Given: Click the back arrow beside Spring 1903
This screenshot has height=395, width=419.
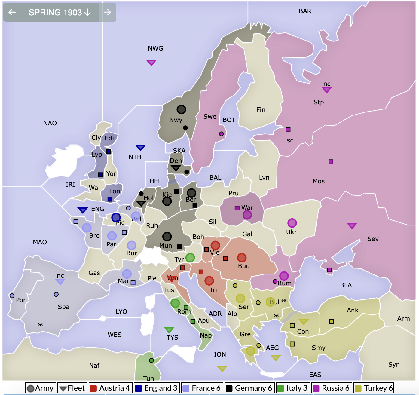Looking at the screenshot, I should point(12,12).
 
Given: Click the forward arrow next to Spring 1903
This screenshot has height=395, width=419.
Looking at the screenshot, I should point(107,12).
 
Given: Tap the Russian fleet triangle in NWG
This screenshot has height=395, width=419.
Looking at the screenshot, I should point(151,62).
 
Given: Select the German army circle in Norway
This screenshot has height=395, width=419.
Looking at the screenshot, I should point(181,109).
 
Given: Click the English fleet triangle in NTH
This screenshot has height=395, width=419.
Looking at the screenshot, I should point(140,147).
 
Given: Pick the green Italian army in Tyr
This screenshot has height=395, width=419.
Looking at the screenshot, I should point(190,258).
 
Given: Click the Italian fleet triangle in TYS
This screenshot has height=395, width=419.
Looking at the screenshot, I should point(169,330).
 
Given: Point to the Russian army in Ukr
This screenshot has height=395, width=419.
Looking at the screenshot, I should point(292,223).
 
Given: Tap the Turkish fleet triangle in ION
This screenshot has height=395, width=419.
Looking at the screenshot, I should point(222,368).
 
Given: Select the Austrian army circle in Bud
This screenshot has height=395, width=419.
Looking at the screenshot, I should point(242,258).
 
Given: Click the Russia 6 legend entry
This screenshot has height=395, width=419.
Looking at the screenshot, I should point(332,388).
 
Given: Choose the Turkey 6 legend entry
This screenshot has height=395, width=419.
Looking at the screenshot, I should point(374,388).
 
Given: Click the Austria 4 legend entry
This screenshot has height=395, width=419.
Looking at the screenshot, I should point(110,388).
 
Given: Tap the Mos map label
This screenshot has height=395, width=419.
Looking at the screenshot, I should point(319,181).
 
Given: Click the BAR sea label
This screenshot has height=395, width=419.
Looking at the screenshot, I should point(305,11).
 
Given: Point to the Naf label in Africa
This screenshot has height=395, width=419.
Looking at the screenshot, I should point(94,366).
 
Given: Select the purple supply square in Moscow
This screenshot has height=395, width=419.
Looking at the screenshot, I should point(331,162).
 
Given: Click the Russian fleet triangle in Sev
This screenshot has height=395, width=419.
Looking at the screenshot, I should point(352,225).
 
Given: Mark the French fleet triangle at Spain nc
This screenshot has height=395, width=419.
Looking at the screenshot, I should point(60,281).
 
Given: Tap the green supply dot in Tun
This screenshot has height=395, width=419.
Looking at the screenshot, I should point(151,360).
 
